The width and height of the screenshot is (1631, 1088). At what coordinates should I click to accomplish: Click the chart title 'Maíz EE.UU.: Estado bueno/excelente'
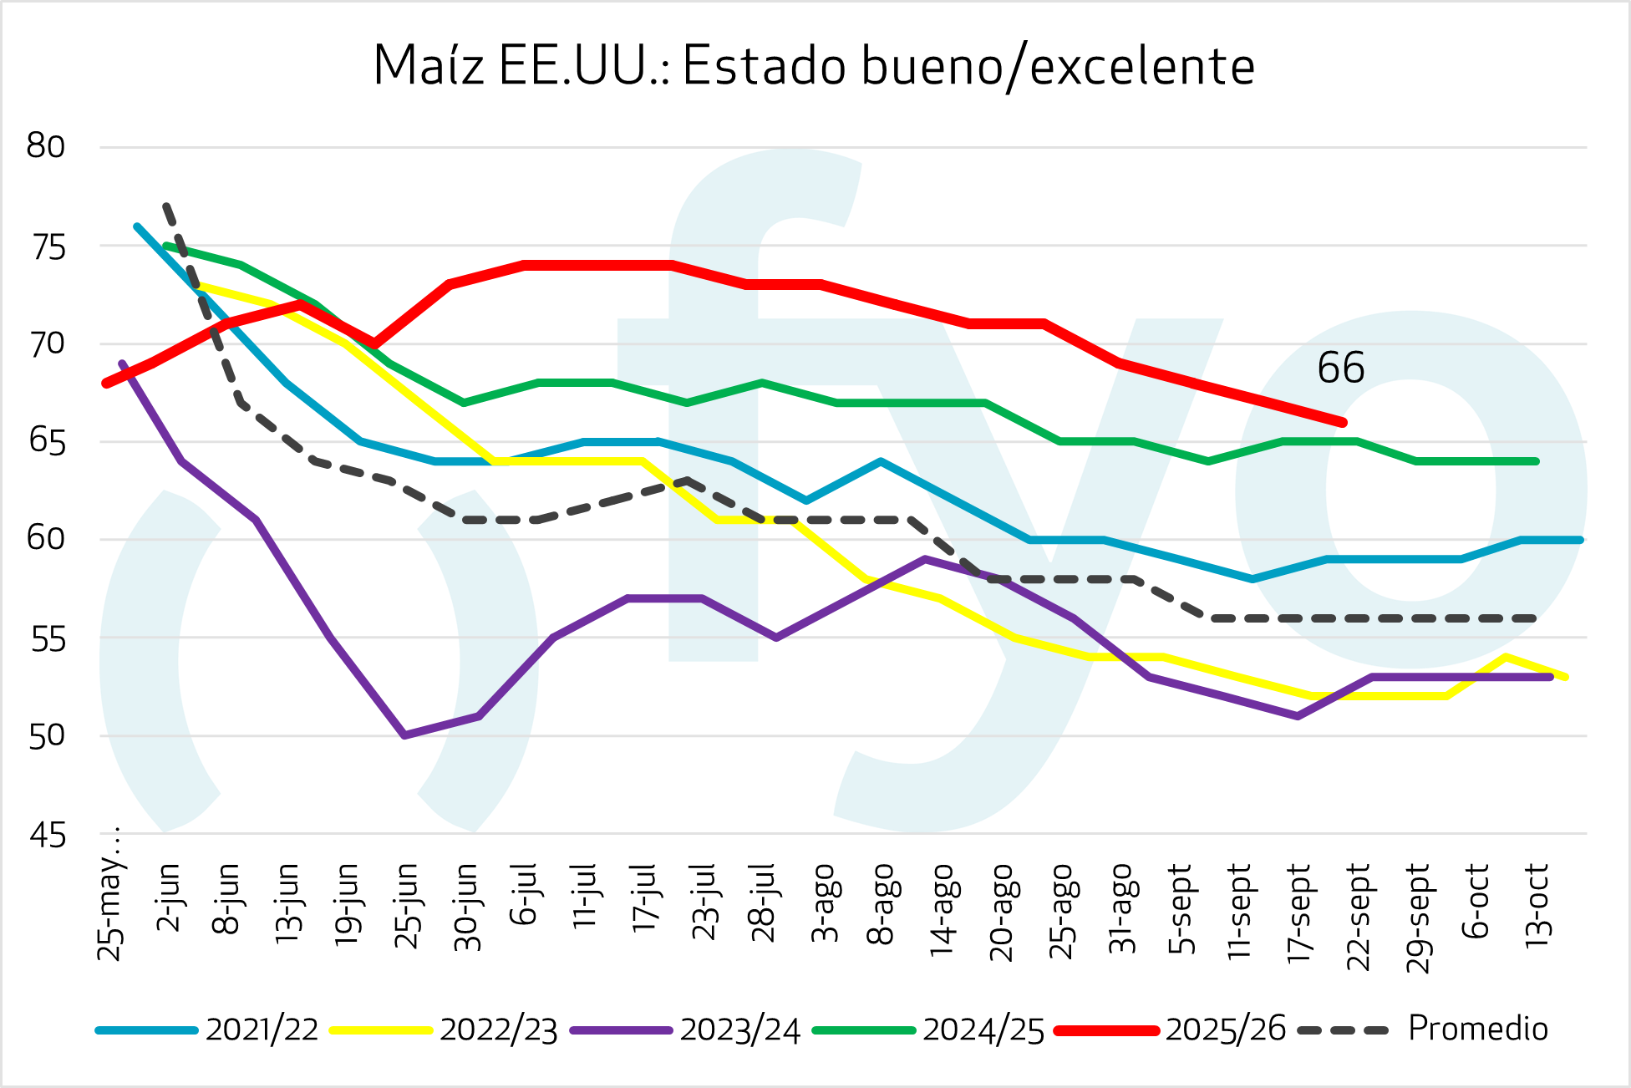click(814, 66)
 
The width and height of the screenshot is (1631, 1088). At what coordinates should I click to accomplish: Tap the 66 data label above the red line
click(1340, 369)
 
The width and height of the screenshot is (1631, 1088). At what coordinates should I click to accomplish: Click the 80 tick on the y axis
click(46, 147)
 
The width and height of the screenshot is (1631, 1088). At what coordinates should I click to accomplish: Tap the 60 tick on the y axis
click(46, 539)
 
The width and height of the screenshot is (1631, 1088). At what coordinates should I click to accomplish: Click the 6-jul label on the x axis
click(526, 896)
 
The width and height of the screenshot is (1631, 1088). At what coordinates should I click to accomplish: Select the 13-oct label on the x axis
click(1537, 905)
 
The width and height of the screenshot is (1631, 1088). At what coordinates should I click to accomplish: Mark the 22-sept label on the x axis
click(1359, 917)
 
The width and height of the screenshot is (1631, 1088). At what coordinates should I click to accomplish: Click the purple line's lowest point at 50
click(404, 735)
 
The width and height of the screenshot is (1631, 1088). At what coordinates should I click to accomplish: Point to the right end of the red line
click(1343, 423)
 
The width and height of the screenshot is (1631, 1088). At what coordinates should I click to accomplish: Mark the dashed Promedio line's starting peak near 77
click(167, 205)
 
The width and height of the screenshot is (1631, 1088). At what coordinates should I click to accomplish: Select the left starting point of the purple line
click(122, 364)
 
